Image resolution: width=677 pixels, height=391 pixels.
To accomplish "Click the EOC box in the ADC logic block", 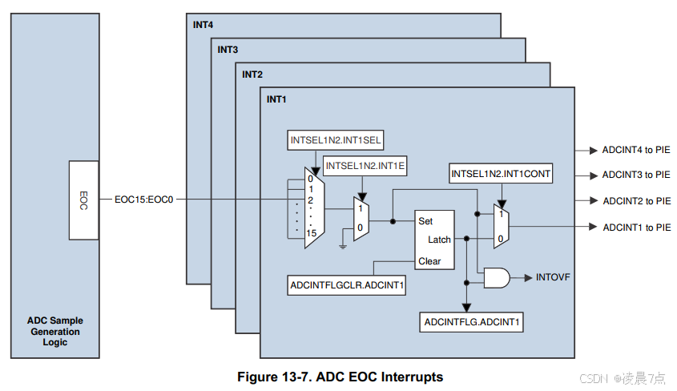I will click(x=84, y=200).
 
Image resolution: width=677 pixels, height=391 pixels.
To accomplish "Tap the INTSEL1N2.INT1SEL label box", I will click(x=336, y=141).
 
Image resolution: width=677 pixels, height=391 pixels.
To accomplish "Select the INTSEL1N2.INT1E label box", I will click(x=365, y=166).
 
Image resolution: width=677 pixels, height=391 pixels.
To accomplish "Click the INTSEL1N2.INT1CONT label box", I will click(x=501, y=173).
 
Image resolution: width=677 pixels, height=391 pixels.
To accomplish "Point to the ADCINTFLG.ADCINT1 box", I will click(x=473, y=323).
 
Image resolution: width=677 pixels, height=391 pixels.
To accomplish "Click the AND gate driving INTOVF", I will click(x=497, y=278).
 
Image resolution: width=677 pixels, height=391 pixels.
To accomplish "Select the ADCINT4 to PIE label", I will click(x=636, y=150).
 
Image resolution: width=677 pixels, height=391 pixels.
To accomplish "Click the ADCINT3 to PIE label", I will click(x=636, y=175).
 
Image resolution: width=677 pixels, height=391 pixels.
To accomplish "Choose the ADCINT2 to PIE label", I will click(x=636, y=200).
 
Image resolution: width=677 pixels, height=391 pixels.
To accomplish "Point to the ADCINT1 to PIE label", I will click(x=636, y=227).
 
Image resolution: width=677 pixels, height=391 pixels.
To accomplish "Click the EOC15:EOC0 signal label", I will click(x=144, y=200).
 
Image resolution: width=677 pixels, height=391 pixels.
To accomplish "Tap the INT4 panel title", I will click(x=204, y=25).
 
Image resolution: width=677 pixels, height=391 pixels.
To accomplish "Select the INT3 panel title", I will click(x=228, y=50).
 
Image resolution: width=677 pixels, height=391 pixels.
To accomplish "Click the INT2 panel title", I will click(x=252, y=75).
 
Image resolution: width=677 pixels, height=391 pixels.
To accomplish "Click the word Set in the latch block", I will click(x=425, y=220).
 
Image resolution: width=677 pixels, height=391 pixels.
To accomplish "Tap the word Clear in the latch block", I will click(x=429, y=261).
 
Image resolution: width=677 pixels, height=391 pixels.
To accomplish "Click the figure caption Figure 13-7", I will click(x=340, y=377).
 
